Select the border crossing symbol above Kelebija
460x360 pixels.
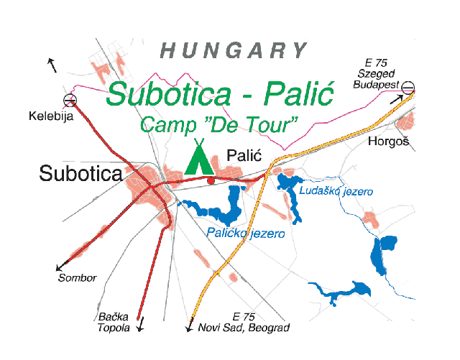point(70,101)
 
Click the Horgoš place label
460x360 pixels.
point(388,142)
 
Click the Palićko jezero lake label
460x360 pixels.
point(246,234)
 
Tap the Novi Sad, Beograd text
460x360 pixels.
point(245,328)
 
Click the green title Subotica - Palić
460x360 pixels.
point(219,95)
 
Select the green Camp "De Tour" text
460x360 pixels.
point(218,124)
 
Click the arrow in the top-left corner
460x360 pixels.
point(52,65)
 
